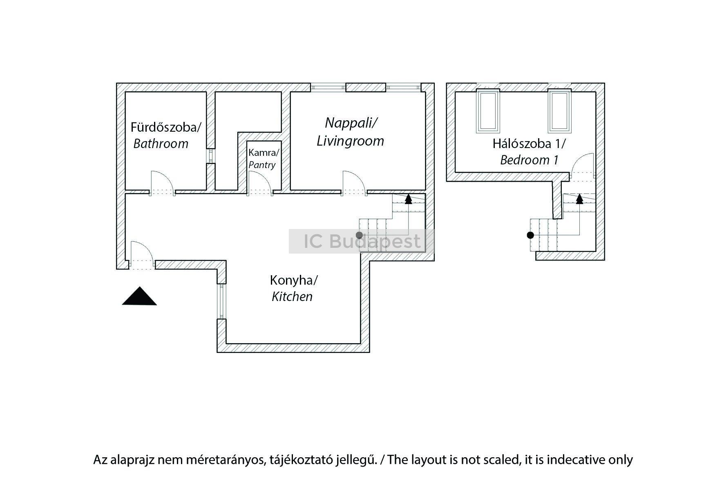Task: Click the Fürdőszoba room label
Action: (165, 127)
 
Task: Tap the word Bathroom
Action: (161, 144)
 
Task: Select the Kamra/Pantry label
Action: (264, 159)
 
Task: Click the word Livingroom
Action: (350, 141)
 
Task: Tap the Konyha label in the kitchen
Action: (293, 280)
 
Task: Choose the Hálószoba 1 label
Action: (529, 144)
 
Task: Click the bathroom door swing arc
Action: (161, 180)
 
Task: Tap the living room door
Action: (353, 180)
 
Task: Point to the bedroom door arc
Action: (583, 164)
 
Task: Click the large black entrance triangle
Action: (139, 296)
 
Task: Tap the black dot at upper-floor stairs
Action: (530, 235)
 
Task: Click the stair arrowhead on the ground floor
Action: (408, 199)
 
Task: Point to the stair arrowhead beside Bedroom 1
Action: (579, 199)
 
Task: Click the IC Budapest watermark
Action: (362, 241)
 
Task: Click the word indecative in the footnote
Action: (577, 460)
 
